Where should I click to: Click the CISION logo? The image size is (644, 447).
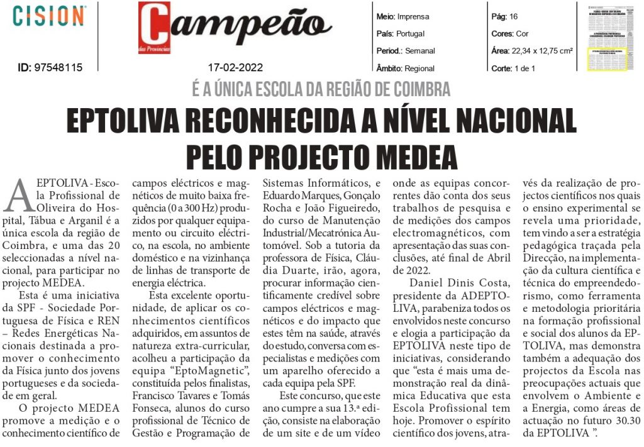50,16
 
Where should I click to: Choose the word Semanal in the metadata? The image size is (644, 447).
421,51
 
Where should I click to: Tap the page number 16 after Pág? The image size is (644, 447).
513,16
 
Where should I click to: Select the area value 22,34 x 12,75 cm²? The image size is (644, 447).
541,51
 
